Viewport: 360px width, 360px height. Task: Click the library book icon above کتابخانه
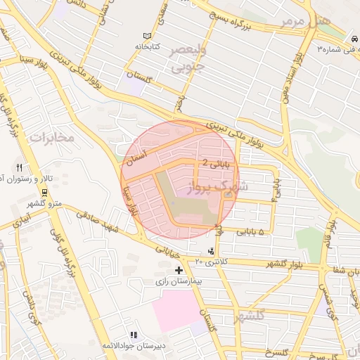point(147,36)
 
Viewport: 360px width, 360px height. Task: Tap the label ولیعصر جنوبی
point(188,60)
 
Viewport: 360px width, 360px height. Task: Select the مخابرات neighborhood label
point(51,137)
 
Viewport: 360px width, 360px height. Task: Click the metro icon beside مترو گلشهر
point(45,191)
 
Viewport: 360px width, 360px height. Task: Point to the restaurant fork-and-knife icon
point(19,168)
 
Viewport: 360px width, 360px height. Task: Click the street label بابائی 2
point(215,162)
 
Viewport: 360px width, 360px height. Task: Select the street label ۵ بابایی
point(250,231)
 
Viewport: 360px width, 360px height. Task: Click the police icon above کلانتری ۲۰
point(212,251)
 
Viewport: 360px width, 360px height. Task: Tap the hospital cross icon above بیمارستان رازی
point(179,270)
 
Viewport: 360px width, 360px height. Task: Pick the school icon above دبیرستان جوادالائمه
point(134,335)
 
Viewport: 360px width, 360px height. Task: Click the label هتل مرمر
point(304,20)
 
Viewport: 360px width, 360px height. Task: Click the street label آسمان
point(134,155)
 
